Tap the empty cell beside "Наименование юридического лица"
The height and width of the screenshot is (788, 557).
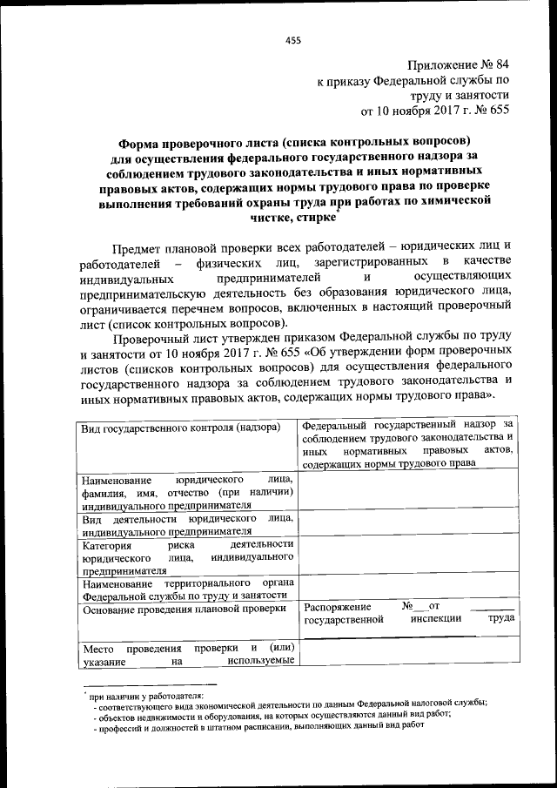click(x=408, y=493)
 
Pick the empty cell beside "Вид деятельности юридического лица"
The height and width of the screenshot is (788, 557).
click(x=408, y=522)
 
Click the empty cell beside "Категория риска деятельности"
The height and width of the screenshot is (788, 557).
click(x=408, y=557)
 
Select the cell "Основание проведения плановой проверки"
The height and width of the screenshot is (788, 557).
click(x=184, y=610)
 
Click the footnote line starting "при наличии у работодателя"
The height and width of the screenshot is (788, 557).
click(x=145, y=697)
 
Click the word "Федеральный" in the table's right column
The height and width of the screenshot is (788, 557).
click(x=339, y=425)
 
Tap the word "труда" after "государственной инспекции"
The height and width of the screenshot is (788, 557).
click(x=500, y=619)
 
